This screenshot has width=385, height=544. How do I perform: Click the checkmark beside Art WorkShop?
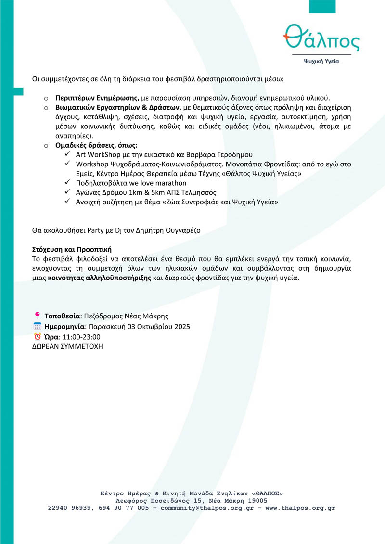coord(67,155)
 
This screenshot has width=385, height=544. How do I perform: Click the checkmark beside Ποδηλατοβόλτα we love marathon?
coord(67,183)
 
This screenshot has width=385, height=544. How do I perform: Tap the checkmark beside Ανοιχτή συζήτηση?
coord(67,202)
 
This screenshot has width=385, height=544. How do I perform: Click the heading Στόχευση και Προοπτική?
coord(72,249)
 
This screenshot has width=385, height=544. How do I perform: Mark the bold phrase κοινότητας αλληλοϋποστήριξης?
coord(100,278)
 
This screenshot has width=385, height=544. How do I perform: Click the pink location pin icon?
coord(38,316)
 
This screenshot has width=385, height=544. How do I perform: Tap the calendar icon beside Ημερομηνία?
coord(38,326)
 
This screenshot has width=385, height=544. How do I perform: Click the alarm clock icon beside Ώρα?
coord(38,336)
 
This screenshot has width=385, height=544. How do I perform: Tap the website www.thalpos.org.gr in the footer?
coord(300,508)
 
